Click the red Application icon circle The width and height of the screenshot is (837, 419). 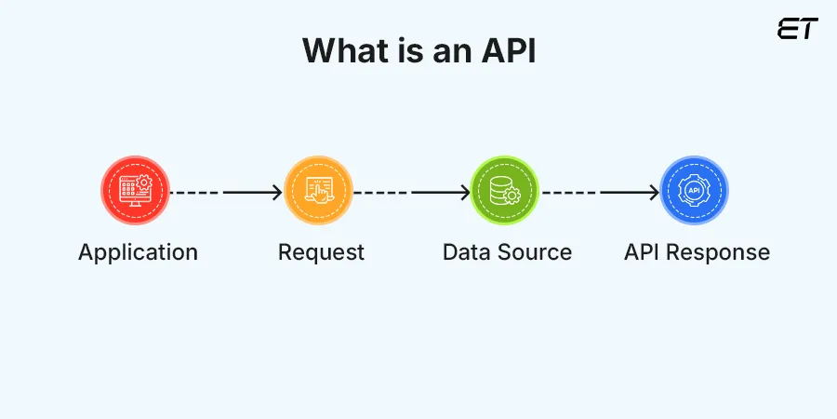(x=136, y=191)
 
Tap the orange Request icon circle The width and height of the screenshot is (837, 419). (x=319, y=191)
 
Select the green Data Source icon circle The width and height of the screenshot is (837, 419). (x=505, y=191)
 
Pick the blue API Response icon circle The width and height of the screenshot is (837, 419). (x=694, y=191)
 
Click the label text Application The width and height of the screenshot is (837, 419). (x=138, y=252)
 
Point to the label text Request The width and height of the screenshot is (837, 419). (x=321, y=252)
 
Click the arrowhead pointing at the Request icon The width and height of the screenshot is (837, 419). (x=276, y=193)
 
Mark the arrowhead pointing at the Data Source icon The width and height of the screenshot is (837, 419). (x=464, y=193)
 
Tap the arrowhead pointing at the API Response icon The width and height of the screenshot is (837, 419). (x=653, y=193)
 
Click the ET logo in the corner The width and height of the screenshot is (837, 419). (x=797, y=30)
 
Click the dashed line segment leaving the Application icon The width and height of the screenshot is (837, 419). (x=197, y=193)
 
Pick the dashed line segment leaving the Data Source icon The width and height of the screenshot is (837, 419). (x=569, y=193)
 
